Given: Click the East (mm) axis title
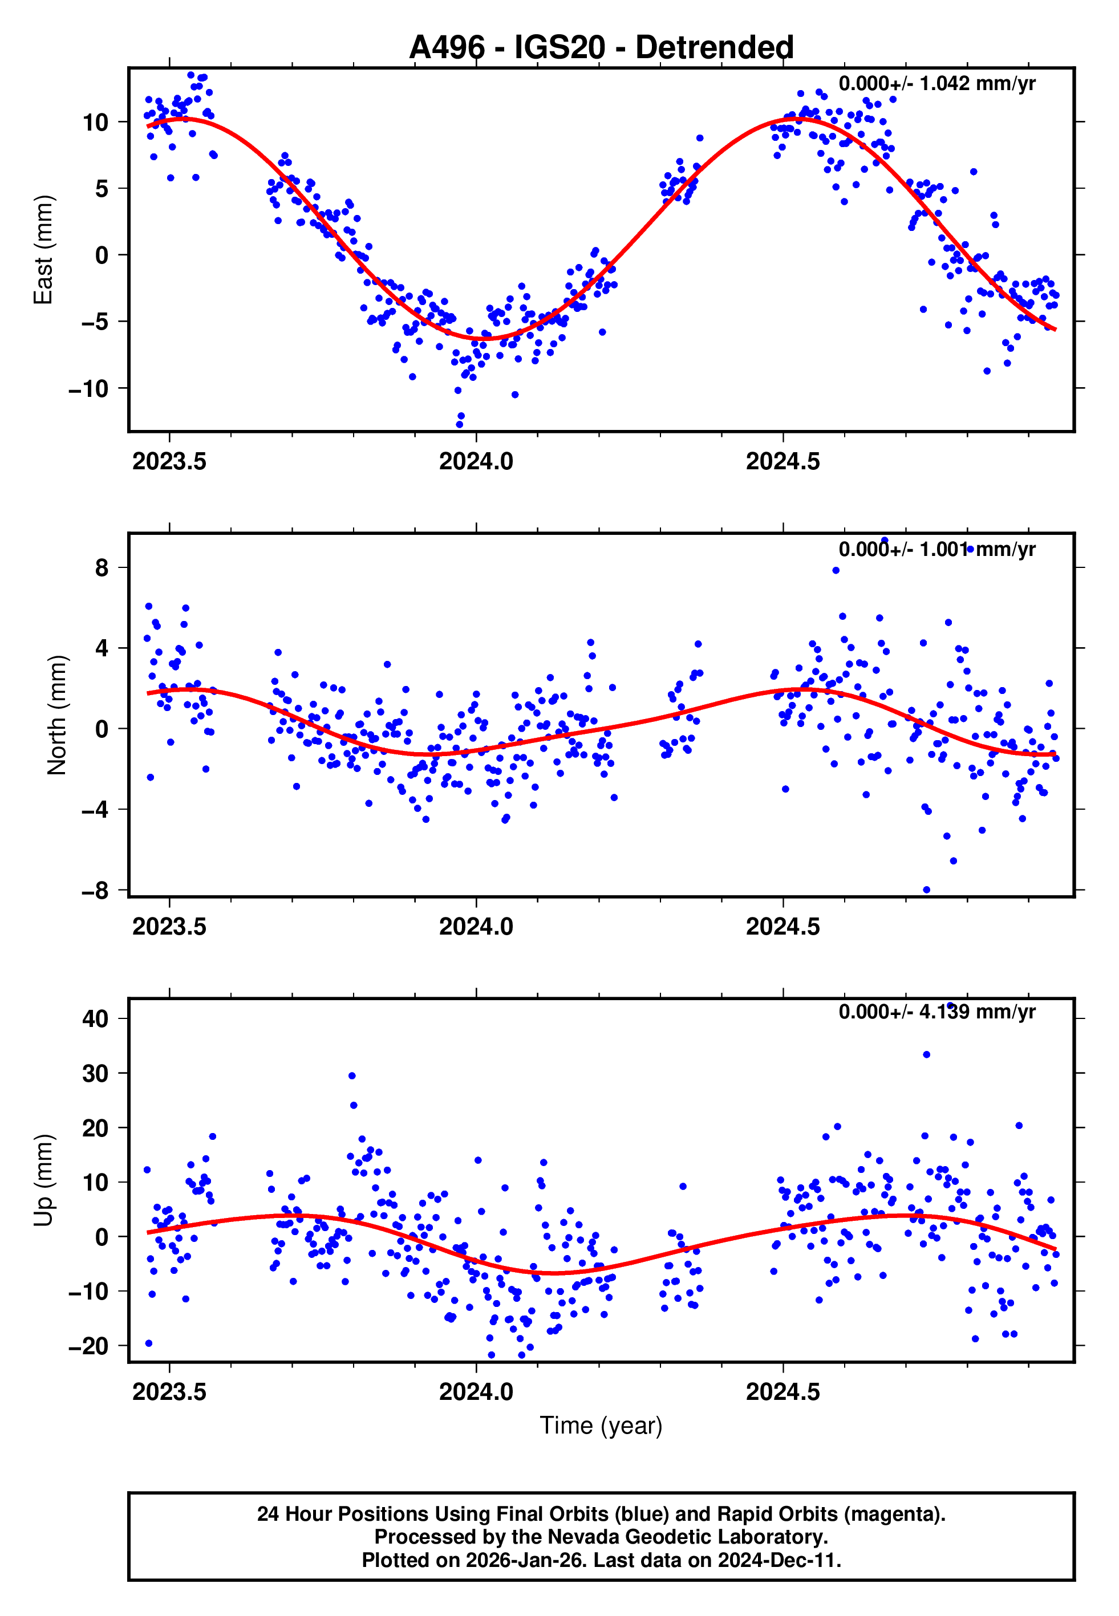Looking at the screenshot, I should [43, 250].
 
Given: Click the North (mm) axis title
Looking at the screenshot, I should [56, 715].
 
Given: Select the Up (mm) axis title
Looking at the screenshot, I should [43, 1180].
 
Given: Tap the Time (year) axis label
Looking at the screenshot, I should [601, 1426].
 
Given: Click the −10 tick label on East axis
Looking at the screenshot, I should [88, 388].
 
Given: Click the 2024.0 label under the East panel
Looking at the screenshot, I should [476, 462].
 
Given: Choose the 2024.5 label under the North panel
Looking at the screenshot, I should [783, 927].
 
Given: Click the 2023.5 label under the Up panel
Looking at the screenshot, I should [169, 1392].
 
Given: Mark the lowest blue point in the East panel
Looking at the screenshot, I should [460, 425].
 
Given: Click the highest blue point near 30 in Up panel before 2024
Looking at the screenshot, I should [352, 1075].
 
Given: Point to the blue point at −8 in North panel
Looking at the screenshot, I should [926, 890].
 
